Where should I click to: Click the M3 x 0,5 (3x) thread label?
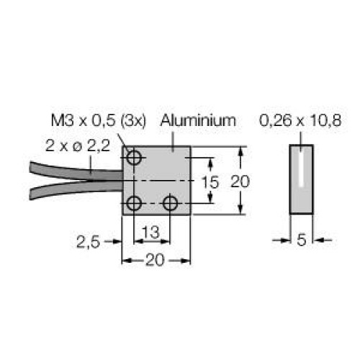click(x=99, y=121)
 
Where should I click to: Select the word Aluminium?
click(x=199, y=120)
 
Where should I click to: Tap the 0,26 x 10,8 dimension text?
click(x=300, y=120)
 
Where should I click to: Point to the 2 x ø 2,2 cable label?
click(x=78, y=145)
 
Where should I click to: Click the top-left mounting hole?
click(x=133, y=158)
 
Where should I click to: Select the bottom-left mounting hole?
click(x=133, y=204)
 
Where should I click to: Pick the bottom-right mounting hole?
click(x=170, y=204)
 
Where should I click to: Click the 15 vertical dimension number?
click(x=210, y=182)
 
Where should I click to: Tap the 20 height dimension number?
click(x=240, y=181)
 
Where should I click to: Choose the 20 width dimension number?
click(x=155, y=260)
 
